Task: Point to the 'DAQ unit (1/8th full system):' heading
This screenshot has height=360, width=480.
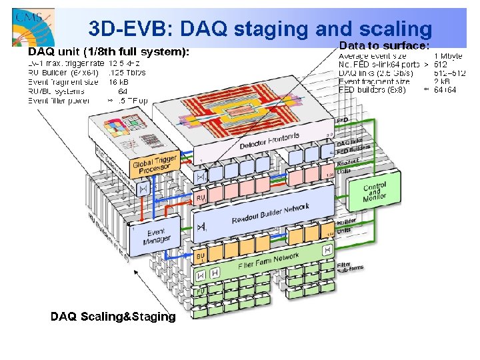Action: (109, 51)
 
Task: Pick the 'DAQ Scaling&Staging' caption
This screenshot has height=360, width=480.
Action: (113, 317)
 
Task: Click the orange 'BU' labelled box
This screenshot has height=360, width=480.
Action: (200, 256)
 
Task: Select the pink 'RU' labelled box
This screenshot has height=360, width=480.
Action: (201, 198)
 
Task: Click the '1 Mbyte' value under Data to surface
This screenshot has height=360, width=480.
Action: (450, 56)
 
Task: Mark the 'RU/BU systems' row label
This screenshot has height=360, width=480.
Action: (56, 91)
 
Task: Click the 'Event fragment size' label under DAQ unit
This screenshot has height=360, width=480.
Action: (63, 82)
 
